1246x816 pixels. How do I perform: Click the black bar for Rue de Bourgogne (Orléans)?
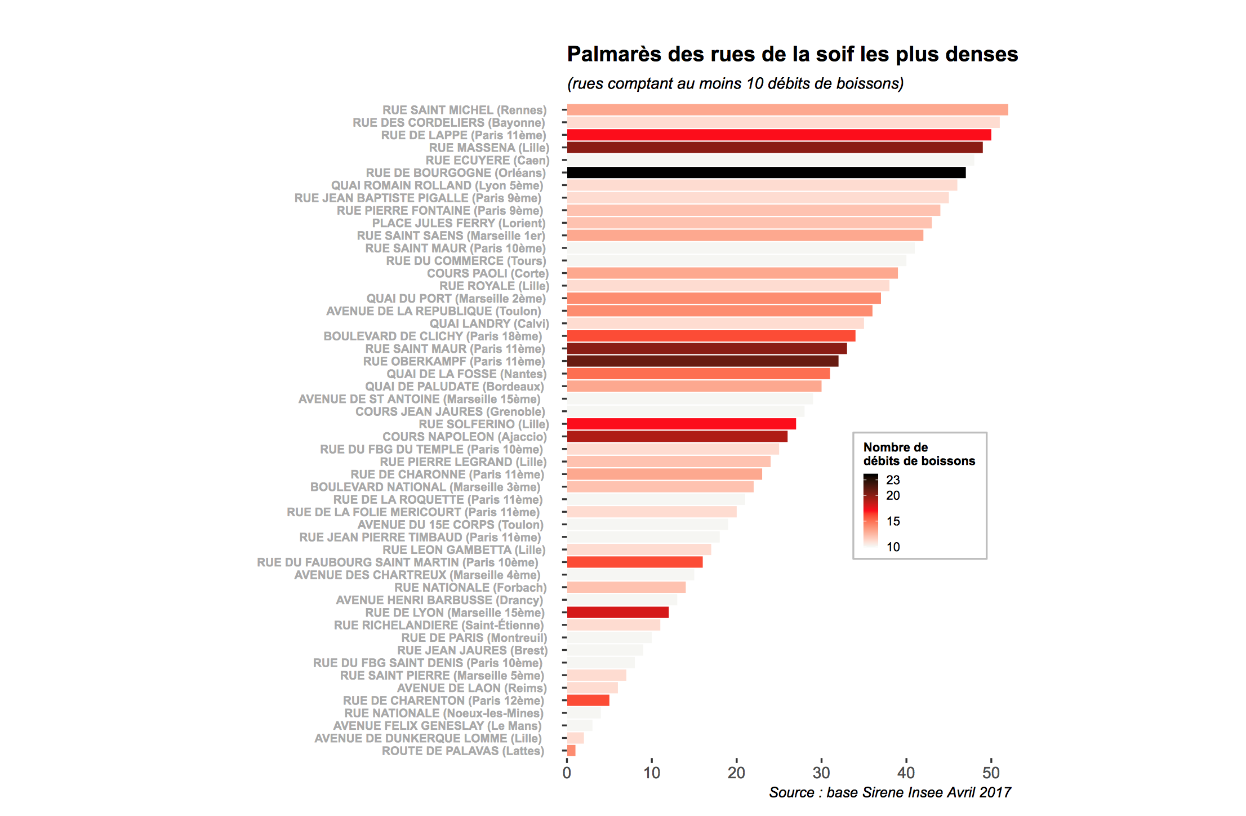(766, 173)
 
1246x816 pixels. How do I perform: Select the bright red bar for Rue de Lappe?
(778, 135)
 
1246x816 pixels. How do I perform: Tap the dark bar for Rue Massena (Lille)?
(775, 148)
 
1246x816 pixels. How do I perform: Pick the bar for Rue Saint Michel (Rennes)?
(787, 110)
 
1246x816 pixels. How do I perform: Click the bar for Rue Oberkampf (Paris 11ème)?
(702, 361)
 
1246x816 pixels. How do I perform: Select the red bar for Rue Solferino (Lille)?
(681, 424)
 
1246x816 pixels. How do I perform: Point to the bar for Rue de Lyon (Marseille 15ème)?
(617, 613)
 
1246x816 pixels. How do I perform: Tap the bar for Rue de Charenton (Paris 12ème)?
(588, 700)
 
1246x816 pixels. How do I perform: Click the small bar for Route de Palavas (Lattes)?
(571, 751)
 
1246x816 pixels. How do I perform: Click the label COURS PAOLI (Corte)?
(487, 273)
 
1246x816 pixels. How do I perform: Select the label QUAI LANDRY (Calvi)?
(489, 323)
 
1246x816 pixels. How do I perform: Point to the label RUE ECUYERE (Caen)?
(487, 160)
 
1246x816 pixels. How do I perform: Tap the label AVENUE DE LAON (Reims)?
(471, 688)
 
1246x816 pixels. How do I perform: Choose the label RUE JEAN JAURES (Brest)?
(472, 650)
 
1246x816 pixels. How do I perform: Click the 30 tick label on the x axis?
(821, 773)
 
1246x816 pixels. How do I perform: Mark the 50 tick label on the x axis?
(991, 773)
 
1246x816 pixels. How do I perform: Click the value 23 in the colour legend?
(893, 480)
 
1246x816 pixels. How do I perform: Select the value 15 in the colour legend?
(893, 521)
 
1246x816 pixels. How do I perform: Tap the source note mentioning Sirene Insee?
(890, 792)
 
